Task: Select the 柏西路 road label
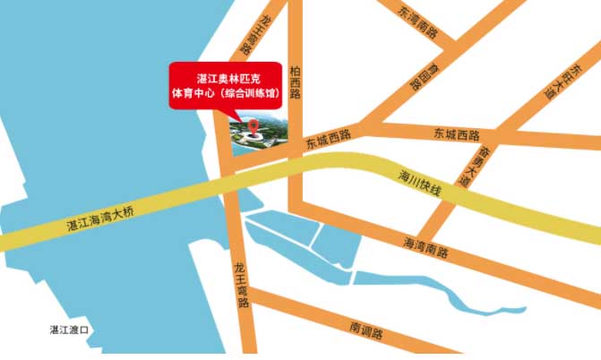pos(295,81)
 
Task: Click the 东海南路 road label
pos(417,21)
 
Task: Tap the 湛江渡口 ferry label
pos(71,330)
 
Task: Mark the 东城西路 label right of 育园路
pos(457,135)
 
